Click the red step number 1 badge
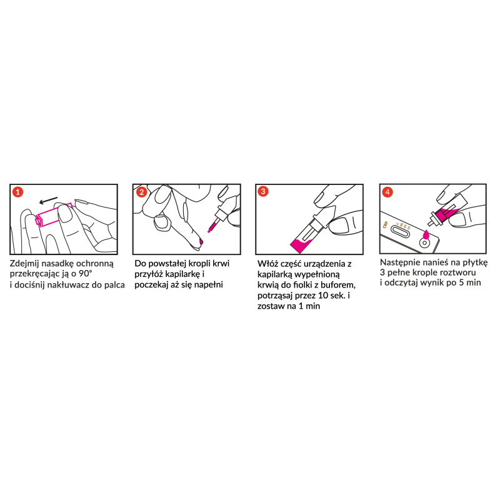pos(18,192)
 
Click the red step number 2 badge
pos(141,192)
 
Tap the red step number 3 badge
pos(263,191)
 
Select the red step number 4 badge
pos(387,192)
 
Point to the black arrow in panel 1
pos(49,200)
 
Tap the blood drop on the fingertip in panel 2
pos(201,241)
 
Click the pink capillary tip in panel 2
pos(212,227)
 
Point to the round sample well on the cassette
pos(424,243)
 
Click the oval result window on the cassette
pos(401,232)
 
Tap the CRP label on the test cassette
pos(385,224)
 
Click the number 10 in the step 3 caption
pos(322,296)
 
